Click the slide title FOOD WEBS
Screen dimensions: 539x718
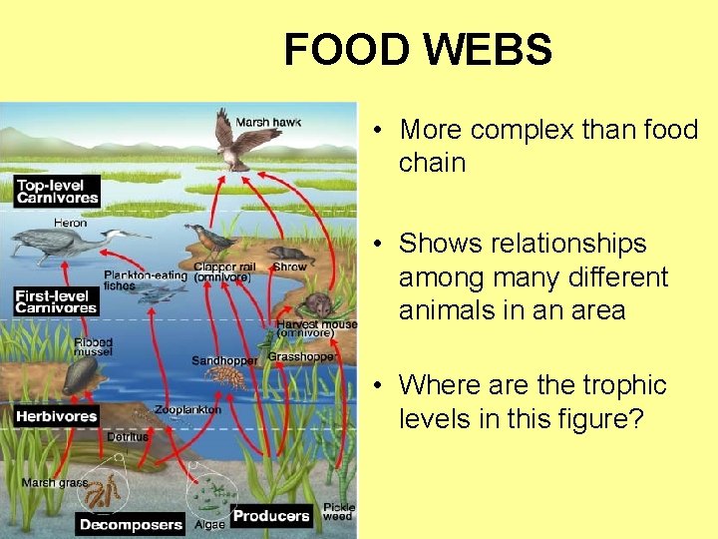click(417, 49)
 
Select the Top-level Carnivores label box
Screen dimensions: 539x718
click(57, 191)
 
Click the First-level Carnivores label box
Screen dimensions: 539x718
click(56, 301)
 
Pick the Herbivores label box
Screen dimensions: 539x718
click(57, 415)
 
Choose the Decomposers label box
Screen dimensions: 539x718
click(131, 524)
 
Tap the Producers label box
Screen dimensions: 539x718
click(271, 516)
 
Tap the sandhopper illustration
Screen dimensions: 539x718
click(225, 377)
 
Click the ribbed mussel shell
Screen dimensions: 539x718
click(80, 377)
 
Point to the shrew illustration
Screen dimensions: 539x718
click(288, 255)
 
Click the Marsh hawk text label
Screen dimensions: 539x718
click(282, 123)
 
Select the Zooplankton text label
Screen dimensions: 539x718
click(188, 410)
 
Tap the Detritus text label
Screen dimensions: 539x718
click(128, 436)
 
